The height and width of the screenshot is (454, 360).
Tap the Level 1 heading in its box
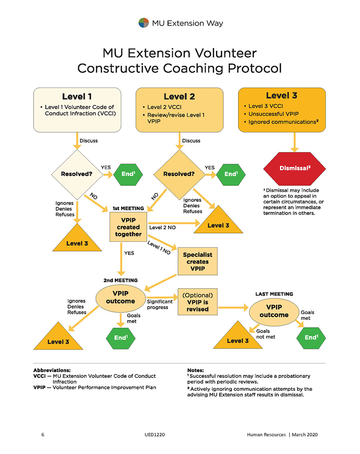coord(77,97)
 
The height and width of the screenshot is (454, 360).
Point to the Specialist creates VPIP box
coord(197,261)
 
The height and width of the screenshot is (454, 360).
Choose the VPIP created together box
coord(128,227)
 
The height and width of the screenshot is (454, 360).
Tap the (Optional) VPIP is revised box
coord(198,302)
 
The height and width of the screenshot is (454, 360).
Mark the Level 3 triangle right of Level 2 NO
coord(218,221)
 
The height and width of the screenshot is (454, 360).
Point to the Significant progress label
coord(160,305)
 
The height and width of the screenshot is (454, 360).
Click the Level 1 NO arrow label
coord(159,248)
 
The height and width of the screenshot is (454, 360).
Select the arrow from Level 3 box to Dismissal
coord(295,142)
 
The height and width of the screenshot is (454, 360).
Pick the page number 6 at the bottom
coord(43,434)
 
